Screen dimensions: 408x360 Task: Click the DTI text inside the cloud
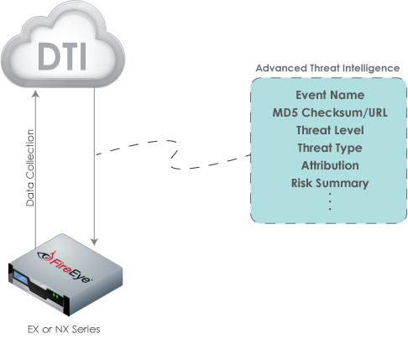point(62,56)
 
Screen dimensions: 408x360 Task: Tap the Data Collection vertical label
point(30,168)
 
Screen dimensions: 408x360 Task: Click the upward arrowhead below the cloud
point(35,94)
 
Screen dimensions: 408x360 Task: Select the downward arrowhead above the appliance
point(94,242)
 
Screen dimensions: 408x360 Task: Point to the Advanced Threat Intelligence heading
point(327,68)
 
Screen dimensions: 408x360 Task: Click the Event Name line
point(330,95)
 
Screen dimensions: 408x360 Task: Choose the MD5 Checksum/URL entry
point(330,112)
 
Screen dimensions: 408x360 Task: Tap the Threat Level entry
point(330,130)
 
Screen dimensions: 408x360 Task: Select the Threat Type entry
point(330,149)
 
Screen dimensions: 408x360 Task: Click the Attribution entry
point(330,165)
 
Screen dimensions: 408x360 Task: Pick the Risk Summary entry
point(330,184)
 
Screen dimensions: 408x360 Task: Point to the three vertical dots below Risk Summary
point(330,201)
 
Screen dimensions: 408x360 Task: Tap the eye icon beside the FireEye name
point(43,255)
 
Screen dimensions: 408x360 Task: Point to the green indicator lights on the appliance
point(55,295)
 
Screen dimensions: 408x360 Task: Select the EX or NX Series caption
point(64,329)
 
